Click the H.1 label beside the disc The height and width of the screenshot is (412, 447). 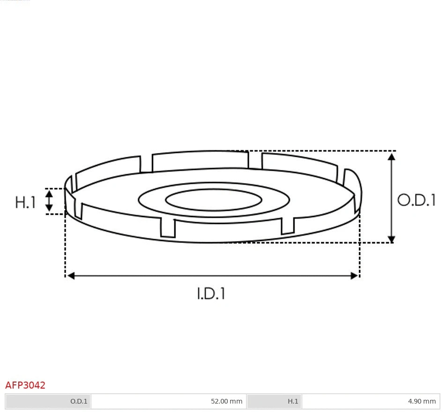(x=25, y=202)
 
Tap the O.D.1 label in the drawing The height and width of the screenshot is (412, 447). (x=416, y=200)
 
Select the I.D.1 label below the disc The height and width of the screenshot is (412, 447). (x=211, y=294)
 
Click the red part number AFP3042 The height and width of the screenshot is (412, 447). (x=25, y=385)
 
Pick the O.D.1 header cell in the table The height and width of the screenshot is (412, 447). (x=48, y=401)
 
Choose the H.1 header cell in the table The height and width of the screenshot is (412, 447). (x=275, y=401)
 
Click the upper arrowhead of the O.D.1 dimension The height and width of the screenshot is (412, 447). (x=392, y=156)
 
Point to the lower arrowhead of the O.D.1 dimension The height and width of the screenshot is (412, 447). (x=392, y=239)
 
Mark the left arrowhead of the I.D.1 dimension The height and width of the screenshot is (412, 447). (x=71, y=276)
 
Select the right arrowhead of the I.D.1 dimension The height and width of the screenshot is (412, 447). (x=354, y=276)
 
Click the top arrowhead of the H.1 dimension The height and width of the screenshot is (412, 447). (x=49, y=193)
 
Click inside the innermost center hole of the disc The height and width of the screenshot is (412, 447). (x=214, y=201)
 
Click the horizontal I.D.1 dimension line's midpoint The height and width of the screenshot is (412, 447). (x=212, y=276)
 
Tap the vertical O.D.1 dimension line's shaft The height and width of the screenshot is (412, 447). (x=392, y=197)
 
